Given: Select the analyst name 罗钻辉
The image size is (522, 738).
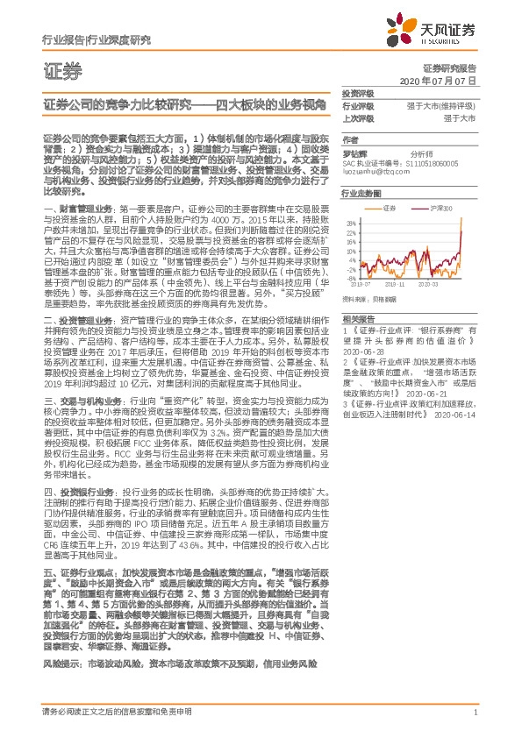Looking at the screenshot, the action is [x=354, y=153].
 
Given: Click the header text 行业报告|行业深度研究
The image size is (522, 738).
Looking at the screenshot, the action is [x=96, y=40].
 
